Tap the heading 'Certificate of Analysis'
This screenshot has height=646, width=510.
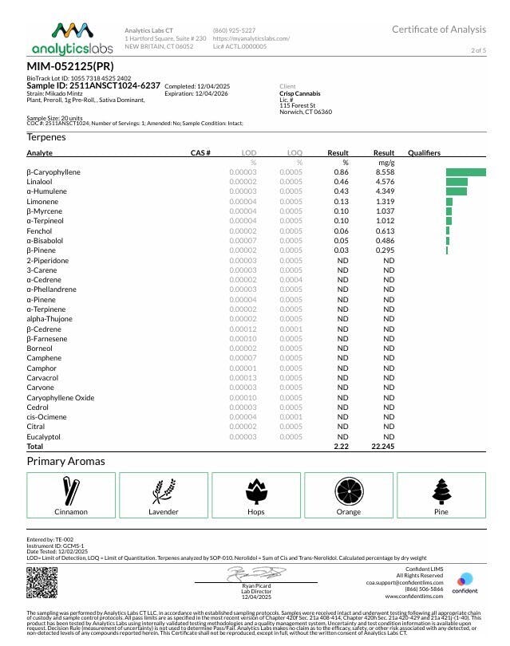438,30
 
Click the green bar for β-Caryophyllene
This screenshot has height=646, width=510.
465,172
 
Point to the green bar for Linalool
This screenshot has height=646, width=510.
457,182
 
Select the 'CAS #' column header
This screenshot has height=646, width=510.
200,152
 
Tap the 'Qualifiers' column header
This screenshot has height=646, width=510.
424,152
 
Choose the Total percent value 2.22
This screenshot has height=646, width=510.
342,447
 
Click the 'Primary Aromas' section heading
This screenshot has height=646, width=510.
65,462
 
